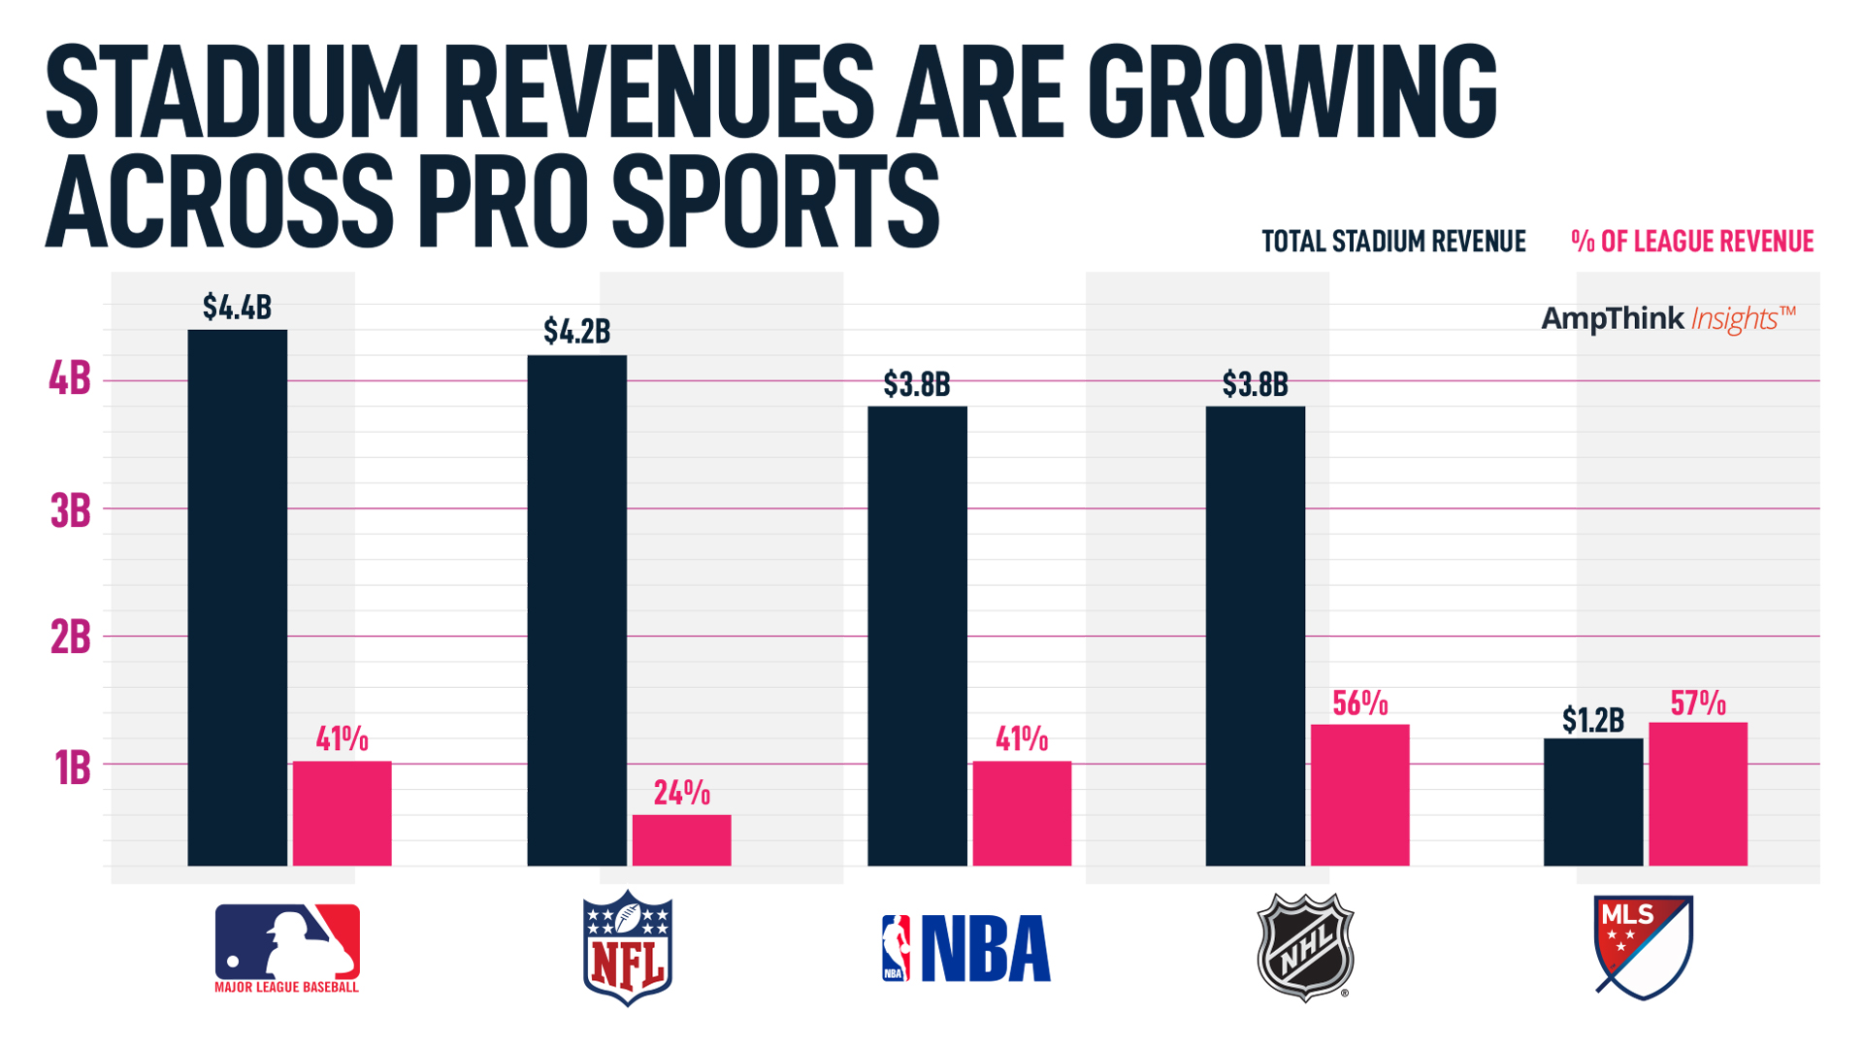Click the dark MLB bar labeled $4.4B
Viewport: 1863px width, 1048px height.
coord(237,597)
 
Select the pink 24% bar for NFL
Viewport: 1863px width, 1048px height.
coord(681,840)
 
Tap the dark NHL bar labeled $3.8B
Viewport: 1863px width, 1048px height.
coord(1255,636)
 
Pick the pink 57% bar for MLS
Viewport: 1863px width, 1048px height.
coord(1697,794)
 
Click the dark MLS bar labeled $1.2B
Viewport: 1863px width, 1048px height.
coord(1592,802)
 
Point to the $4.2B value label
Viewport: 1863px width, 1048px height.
coord(576,332)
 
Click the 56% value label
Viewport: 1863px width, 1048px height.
coord(1359,704)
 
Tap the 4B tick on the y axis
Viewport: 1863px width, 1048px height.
coord(70,379)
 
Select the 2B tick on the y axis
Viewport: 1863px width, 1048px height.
coord(70,638)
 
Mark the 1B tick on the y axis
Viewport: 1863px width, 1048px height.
coord(72,768)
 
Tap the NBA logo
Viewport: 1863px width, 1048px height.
coord(965,948)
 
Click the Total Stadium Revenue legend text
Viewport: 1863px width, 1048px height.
coord(1393,242)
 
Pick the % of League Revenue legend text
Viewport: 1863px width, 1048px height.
coord(1692,242)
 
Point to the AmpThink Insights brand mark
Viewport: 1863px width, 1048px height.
coord(1668,318)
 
